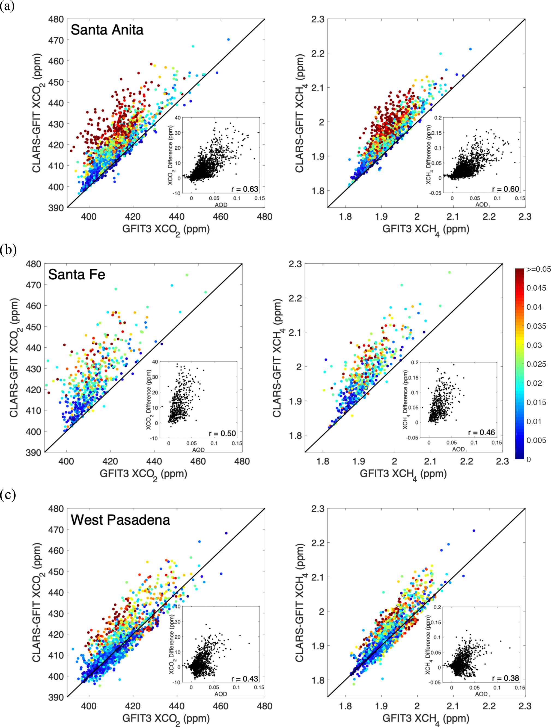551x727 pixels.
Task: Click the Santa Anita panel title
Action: tap(107, 30)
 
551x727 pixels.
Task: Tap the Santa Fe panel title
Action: tap(76, 274)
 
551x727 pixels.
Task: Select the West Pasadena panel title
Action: tap(120, 520)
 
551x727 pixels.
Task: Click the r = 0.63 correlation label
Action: tap(245, 189)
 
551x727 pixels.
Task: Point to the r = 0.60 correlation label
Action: tap(505, 189)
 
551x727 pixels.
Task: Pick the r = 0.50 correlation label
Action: tap(222, 433)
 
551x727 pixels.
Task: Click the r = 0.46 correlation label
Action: tap(481, 433)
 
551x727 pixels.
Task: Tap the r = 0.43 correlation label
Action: tap(245, 679)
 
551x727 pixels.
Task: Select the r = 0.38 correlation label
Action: tap(505, 678)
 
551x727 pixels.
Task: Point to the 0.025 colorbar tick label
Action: tap(536, 364)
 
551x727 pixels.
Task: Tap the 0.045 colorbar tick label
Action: tap(536, 288)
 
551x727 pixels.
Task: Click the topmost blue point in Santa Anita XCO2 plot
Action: tap(228, 39)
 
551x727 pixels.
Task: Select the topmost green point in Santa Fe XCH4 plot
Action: tap(449, 272)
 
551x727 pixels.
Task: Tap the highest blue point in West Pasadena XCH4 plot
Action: tap(474, 530)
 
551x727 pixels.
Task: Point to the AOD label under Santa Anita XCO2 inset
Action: tap(221, 205)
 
